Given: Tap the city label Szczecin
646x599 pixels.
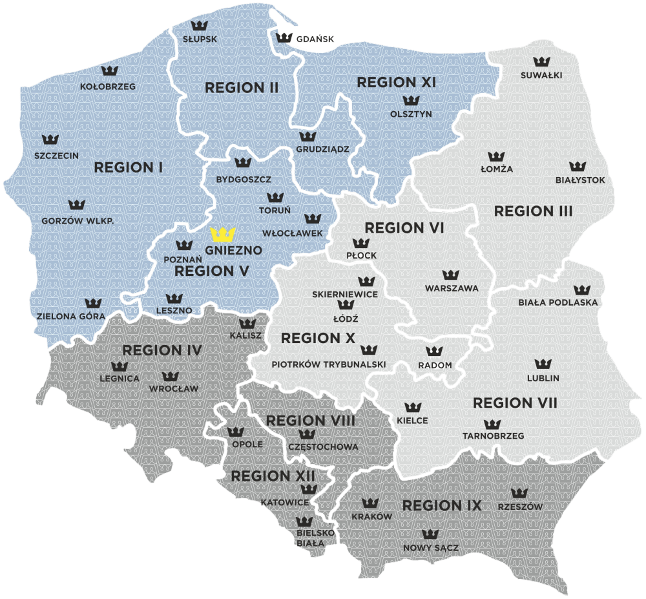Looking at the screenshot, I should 57,155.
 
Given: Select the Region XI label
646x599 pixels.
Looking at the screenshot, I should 397,82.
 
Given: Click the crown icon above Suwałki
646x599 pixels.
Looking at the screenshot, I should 541,61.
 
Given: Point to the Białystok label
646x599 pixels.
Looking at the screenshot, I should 580,180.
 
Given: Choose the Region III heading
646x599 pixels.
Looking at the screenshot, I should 533,211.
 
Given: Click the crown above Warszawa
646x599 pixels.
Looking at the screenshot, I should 451,275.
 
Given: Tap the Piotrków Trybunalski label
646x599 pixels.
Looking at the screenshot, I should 329,364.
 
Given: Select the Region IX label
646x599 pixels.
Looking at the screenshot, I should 442,505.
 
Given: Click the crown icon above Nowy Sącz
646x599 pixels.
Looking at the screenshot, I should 430,534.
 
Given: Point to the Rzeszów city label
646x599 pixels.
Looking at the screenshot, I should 520,507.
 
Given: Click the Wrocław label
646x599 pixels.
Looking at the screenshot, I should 174,389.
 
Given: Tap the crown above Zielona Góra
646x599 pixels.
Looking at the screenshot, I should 94,302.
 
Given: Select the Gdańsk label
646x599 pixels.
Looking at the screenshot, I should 315,39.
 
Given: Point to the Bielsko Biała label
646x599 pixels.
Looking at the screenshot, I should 315,538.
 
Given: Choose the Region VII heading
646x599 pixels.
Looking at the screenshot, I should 515,403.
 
